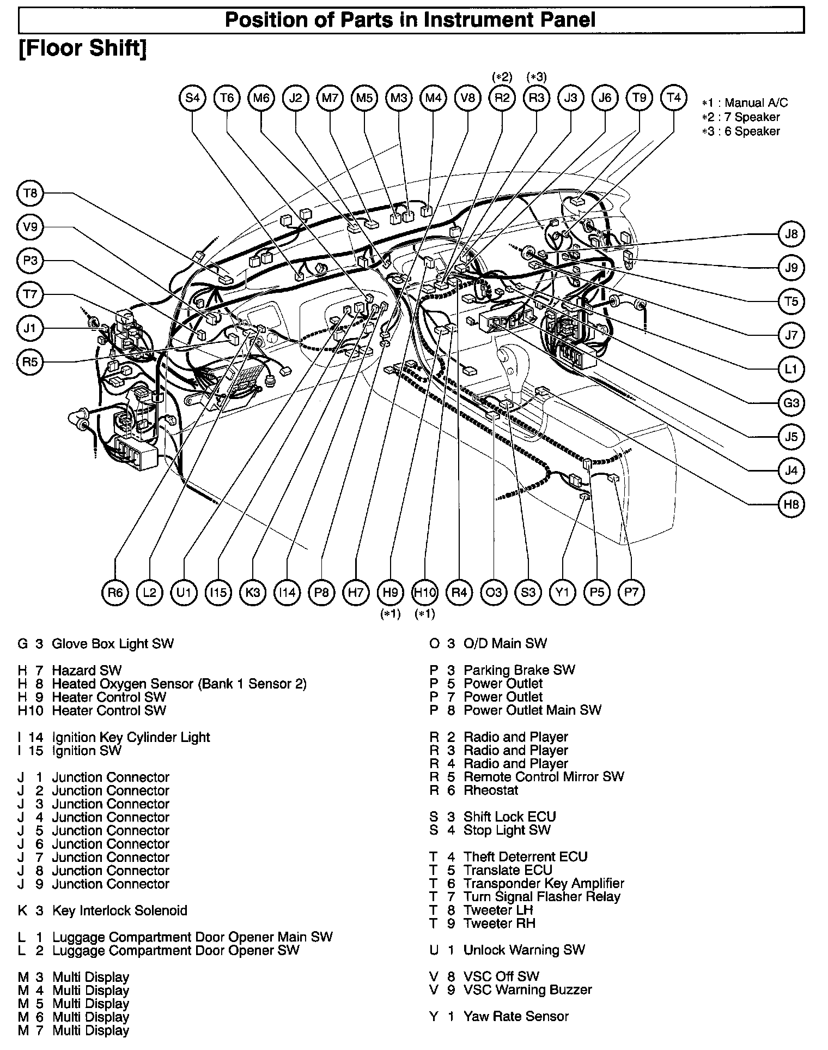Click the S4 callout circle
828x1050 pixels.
(192, 98)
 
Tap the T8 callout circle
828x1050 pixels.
(31, 193)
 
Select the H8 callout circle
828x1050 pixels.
(791, 504)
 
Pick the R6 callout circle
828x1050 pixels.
(115, 593)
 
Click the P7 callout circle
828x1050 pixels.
(631, 592)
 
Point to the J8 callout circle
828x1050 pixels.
(791, 234)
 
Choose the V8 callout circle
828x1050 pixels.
(468, 98)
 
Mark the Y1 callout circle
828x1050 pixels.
(563, 592)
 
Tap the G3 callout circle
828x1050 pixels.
(791, 403)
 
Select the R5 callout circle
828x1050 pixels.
(31, 361)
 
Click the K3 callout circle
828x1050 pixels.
(253, 593)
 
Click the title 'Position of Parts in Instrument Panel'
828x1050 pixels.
(410, 20)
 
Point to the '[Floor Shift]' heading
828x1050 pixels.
(83, 49)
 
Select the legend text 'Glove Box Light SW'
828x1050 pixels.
(112, 644)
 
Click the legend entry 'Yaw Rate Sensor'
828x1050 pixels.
(515, 1016)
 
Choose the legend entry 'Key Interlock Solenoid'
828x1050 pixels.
(119, 910)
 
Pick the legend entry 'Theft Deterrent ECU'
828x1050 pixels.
(525, 857)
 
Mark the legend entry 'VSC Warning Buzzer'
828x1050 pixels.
(527, 989)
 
